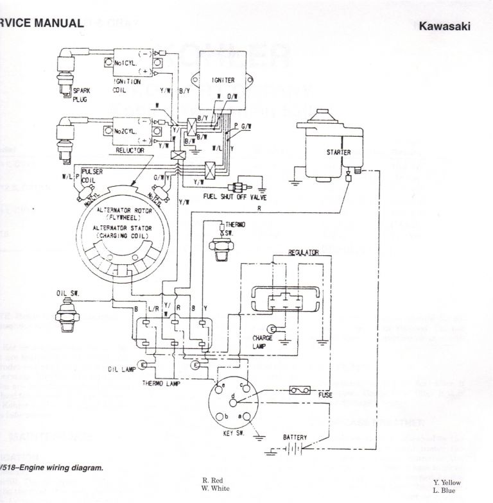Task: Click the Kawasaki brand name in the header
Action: pos(444,27)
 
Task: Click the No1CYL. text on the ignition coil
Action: pos(126,63)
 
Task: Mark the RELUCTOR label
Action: pos(130,149)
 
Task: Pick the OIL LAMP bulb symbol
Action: pos(142,364)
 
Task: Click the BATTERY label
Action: pos(295,438)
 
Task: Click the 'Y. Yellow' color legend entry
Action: pos(447,482)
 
